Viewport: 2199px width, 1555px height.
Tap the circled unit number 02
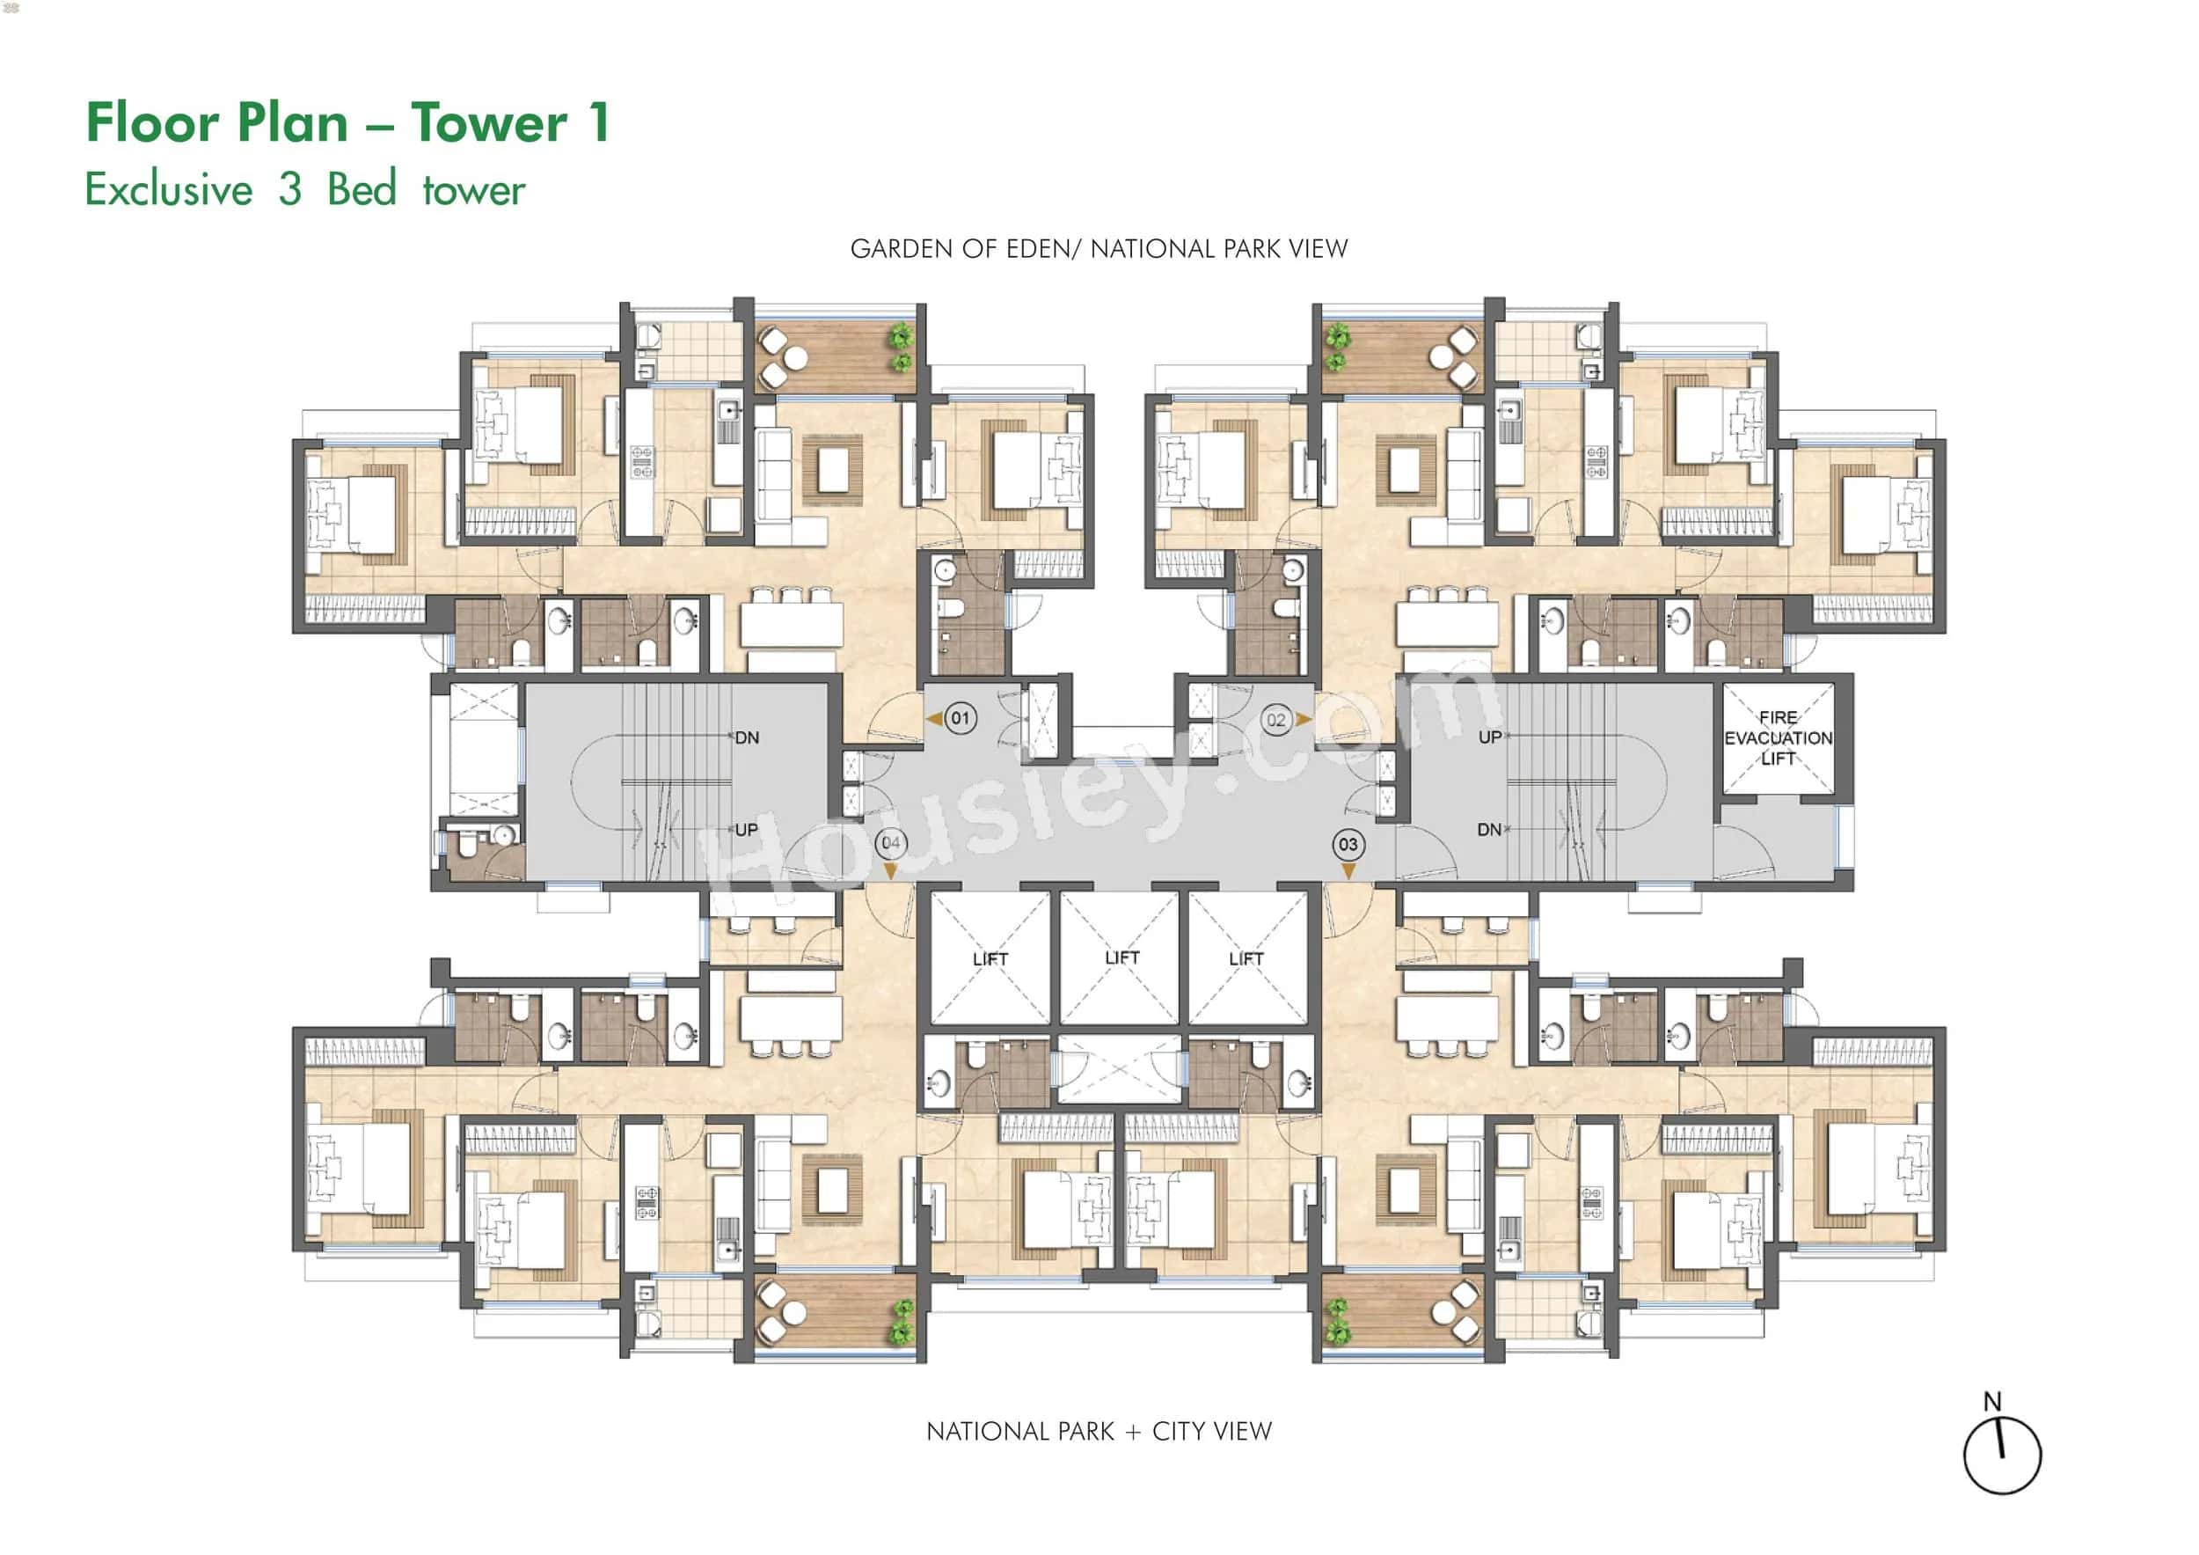[1275, 720]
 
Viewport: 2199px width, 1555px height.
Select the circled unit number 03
[1348, 844]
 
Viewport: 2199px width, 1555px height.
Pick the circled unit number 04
[891, 843]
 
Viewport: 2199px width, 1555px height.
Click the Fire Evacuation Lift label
[1778, 737]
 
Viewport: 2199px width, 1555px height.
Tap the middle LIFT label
[1121, 957]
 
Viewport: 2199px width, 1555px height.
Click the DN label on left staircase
[747, 737]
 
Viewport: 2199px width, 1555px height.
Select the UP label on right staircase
[1489, 737]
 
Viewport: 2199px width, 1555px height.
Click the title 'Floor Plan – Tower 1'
[347, 122]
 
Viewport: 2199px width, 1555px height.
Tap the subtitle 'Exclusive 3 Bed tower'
[304, 188]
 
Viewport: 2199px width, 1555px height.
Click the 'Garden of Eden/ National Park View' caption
[1099, 249]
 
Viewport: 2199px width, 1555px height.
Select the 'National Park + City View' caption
[1099, 1432]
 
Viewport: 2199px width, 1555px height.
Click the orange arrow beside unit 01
[934, 719]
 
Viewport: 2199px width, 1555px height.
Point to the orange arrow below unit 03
[1348, 871]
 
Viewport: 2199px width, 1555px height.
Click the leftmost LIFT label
[990, 959]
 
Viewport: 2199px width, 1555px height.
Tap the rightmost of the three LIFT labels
[1246, 958]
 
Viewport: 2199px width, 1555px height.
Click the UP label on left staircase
[746, 830]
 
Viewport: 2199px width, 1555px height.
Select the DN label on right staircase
[1489, 830]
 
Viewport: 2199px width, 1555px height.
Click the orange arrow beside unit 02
[1303, 720]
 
